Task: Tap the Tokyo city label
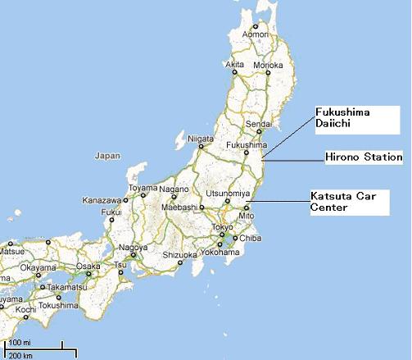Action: (223, 227)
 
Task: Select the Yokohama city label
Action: (224, 253)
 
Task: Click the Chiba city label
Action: (250, 239)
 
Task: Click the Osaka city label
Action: (88, 267)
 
